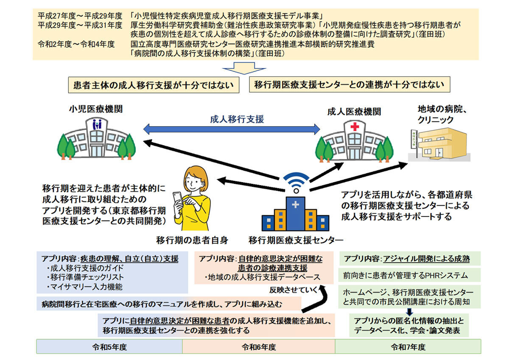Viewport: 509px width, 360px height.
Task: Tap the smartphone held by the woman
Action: pos(177,199)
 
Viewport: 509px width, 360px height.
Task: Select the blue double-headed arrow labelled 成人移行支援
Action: pos(231,128)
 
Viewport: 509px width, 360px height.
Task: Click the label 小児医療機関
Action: pos(96,109)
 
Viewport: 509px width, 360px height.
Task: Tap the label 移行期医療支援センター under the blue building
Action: pos(296,240)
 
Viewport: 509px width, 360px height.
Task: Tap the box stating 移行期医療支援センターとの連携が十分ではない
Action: pos(350,85)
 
